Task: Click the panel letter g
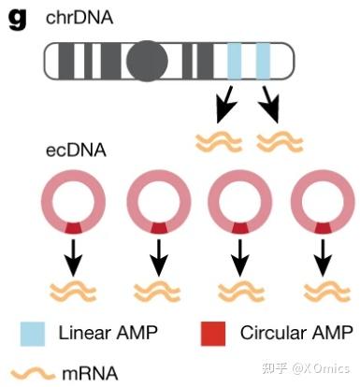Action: pyautogui.click(x=16, y=18)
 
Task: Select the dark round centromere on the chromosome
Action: pyautogui.click(x=148, y=62)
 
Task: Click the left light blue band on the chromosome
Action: pyautogui.click(x=234, y=62)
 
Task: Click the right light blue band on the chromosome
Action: pyautogui.click(x=264, y=62)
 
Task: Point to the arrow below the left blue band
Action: pyautogui.click(x=224, y=105)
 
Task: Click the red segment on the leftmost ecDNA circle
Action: pyautogui.click(x=72, y=227)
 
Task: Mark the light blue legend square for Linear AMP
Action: pyautogui.click(x=33, y=333)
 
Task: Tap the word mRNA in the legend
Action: pyautogui.click(x=90, y=371)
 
